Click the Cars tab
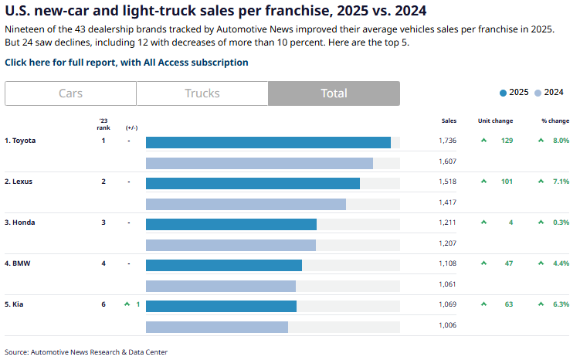pos(70,93)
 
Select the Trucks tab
pos(202,93)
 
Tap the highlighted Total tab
pos(334,93)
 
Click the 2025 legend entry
pos(514,92)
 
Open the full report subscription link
pos(127,63)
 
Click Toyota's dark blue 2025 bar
pos(268,142)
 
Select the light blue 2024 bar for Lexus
pos(246,204)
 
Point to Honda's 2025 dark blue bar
pos(231,224)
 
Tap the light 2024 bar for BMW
pos(221,286)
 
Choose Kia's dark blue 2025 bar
pos(221,306)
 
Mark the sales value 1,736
pos(447,141)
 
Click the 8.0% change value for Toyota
pos(561,141)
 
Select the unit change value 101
pos(507,182)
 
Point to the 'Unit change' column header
pos(495,121)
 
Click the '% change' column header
pos(555,121)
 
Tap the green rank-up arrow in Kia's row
pos(127,304)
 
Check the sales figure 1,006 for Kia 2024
pos(447,325)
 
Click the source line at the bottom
pos(86,352)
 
